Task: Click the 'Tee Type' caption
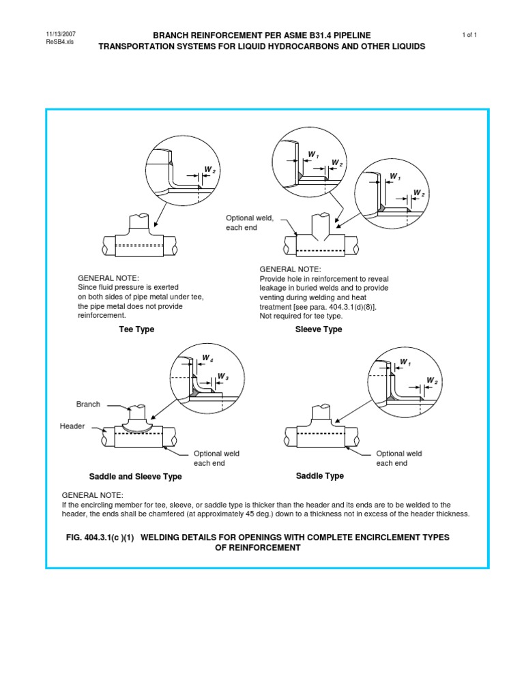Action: [136, 329]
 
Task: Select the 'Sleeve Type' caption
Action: [319, 329]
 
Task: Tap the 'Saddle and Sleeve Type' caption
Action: [136, 477]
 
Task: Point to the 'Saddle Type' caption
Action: [319, 476]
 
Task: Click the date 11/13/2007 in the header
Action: [60, 34]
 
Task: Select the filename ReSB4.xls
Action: [59, 42]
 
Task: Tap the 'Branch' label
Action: [88, 404]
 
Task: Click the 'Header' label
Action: [72, 426]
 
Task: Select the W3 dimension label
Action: [222, 377]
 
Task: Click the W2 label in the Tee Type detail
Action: [210, 169]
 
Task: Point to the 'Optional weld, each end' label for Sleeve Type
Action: [250, 222]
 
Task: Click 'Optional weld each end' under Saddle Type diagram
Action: [399, 458]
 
